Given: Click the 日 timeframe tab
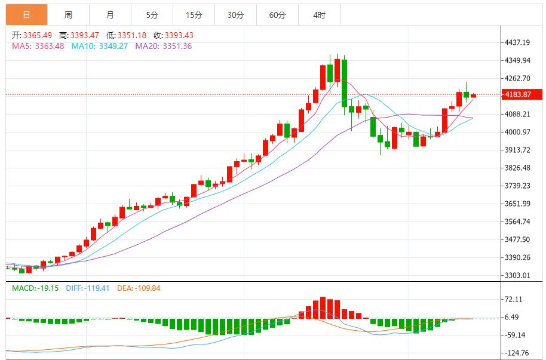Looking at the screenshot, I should [x=26, y=14].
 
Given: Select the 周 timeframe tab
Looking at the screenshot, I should [x=68, y=14].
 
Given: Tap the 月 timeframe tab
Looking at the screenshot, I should [x=110, y=14].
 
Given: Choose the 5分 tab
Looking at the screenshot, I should [x=152, y=14].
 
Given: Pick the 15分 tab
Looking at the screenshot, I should [x=194, y=14].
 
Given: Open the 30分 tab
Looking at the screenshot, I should [x=235, y=14].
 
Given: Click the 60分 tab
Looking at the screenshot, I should [x=277, y=14].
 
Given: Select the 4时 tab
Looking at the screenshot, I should [x=319, y=14].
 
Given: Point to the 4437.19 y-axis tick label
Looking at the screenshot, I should [x=517, y=42].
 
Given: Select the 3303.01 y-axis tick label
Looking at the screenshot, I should [x=517, y=275].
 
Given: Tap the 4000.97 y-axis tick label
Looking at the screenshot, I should [x=517, y=132].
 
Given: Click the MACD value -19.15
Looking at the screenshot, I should [x=47, y=288].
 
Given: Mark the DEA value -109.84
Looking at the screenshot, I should [x=144, y=288].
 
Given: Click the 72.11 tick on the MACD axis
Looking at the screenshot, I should [x=514, y=299].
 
